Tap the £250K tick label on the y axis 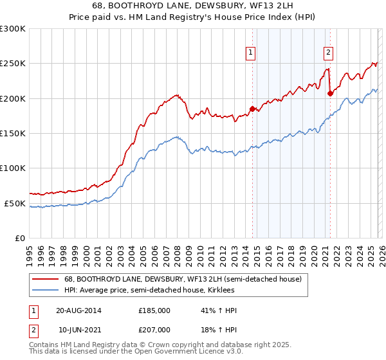[x=13, y=64]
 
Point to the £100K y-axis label [x=13, y=168]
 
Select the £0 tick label [x=19, y=238]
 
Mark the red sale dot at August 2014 [x=252, y=109]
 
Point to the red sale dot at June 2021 [x=330, y=93]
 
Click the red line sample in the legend [x=46, y=279]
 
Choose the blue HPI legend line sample [x=46, y=291]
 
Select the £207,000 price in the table [x=154, y=330]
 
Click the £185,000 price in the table [x=154, y=310]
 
